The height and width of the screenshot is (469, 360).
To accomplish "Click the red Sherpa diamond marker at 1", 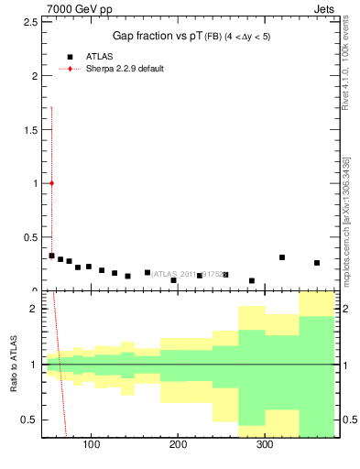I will (51, 183).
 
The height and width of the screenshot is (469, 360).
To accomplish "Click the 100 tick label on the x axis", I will (91, 445).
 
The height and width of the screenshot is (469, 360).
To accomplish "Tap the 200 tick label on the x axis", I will (178, 445).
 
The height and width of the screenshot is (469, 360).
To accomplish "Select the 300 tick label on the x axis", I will (264, 445).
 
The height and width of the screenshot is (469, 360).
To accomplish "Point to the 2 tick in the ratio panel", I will (34, 309).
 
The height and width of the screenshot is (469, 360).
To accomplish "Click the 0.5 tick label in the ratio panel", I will (30, 420).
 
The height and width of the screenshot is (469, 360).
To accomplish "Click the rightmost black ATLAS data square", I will (317, 263).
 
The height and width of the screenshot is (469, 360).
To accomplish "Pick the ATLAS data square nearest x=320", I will (282, 257).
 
